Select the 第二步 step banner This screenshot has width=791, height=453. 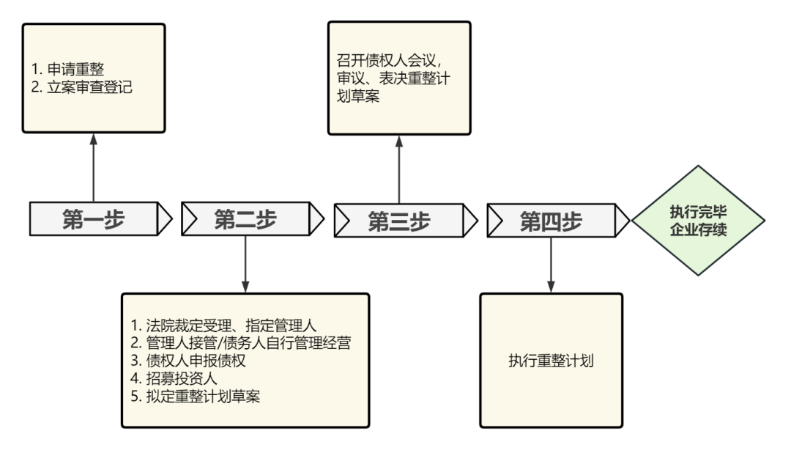pos(245,218)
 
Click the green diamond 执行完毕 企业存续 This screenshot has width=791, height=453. pos(698,220)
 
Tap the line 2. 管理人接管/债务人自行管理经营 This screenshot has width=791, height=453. pos(245,343)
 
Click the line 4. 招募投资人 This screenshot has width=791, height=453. pos(177,380)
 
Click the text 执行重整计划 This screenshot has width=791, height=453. pos(551,361)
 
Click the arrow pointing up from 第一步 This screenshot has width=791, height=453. pos(93,169)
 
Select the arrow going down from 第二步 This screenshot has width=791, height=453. pos(245,264)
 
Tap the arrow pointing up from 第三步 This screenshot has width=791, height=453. pos(398,169)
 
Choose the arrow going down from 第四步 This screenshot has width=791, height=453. pos(550,264)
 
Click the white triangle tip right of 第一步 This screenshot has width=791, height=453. pos(166,218)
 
